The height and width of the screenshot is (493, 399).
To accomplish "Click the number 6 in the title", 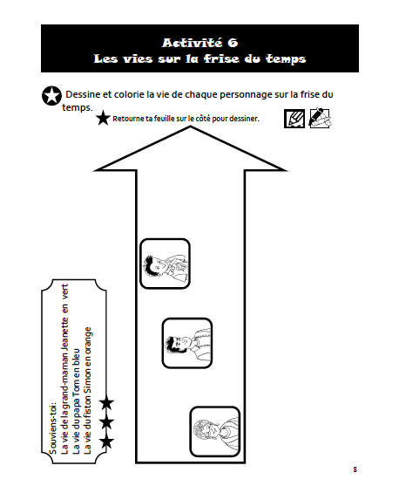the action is (x=233, y=43).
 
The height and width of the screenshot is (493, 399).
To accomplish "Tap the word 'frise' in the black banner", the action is (x=221, y=58).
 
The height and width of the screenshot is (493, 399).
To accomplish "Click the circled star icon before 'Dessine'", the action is (x=51, y=96).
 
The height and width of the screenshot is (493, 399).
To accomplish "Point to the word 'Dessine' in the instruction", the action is (x=83, y=94).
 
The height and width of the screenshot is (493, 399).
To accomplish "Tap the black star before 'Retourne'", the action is (x=103, y=118).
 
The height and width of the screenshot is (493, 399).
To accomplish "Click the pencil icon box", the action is (x=294, y=119).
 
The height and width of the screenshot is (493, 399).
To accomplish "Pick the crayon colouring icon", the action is (x=320, y=118).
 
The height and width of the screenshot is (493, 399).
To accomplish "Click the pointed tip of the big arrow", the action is (x=190, y=127).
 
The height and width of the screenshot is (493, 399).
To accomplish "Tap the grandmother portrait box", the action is (x=215, y=431).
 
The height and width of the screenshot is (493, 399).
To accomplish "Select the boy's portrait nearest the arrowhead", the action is (x=165, y=264).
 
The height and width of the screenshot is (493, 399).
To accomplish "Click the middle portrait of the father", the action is (x=187, y=343).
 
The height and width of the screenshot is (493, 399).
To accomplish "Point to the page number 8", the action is (x=355, y=469).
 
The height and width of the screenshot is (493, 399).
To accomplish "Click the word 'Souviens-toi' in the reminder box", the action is (x=53, y=428).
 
